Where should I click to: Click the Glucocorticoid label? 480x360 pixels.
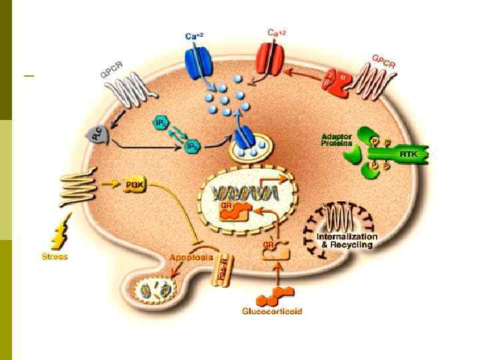271,311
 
